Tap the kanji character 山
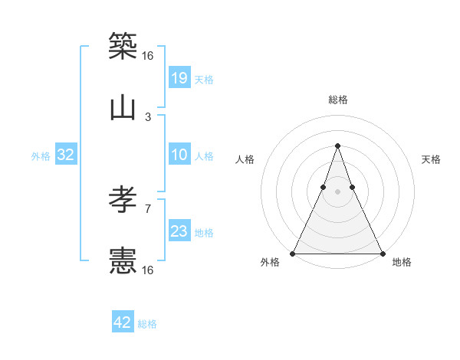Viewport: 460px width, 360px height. pos(123,107)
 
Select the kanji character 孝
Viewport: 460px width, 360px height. pos(123,201)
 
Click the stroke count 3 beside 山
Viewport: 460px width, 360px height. pos(148,116)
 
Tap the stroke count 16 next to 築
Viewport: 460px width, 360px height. pos(148,55)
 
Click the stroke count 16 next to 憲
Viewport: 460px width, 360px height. pos(148,270)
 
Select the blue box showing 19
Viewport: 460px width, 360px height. pos(179,77)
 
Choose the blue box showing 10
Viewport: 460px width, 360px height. pos(179,155)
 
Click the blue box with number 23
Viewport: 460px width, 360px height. pos(179,231)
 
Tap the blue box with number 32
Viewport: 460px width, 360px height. pos(66,155)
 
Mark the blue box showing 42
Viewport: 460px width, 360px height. pos(123,322)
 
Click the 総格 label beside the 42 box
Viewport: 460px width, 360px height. pos(147,324)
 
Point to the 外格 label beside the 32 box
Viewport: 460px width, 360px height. pos(41,156)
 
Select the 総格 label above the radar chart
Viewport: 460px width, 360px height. pos(337,100)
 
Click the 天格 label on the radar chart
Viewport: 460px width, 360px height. pos(431,159)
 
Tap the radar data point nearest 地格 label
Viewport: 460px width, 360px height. pos(381,253)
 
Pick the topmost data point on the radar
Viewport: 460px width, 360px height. pos(337,146)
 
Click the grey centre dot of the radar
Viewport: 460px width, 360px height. pos(337,191)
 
